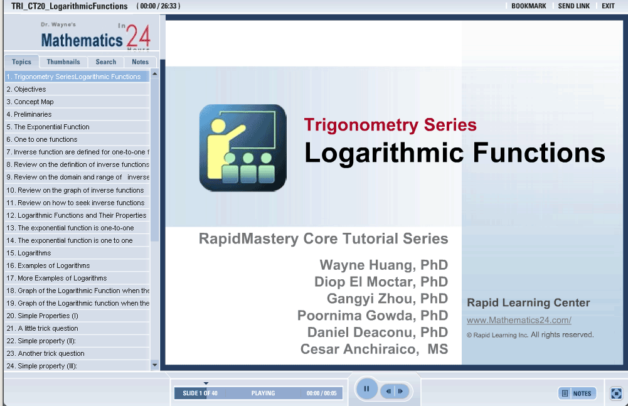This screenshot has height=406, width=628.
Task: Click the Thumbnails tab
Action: click(63, 61)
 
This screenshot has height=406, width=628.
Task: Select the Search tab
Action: click(106, 61)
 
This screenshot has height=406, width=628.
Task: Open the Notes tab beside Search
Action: click(140, 61)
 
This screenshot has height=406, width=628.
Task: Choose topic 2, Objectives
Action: click(26, 89)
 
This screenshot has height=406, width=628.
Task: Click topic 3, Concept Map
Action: click(30, 102)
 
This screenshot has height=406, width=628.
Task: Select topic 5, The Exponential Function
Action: click(48, 127)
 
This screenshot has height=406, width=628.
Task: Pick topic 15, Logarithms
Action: click(29, 253)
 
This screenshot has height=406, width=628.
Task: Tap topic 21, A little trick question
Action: click(43, 328)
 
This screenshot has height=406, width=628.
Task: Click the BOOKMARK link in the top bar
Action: click(529, 6)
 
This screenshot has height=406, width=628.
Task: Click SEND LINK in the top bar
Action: click(574, 6)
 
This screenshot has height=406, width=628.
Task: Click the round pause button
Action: click(366, 389)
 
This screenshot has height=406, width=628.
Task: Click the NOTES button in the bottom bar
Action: click(577, 393)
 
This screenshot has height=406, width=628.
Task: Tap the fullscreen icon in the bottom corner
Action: click(616, 393)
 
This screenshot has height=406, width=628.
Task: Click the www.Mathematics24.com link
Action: click(519, 320)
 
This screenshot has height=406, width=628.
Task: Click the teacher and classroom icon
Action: click(243, 148)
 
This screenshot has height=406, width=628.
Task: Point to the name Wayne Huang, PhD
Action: click(384, 265)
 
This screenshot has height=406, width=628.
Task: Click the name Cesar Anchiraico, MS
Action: click(374, 349)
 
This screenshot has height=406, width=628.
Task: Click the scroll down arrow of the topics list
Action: click(154, 365)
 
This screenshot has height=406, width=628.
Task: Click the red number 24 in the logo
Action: click(139, 36)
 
